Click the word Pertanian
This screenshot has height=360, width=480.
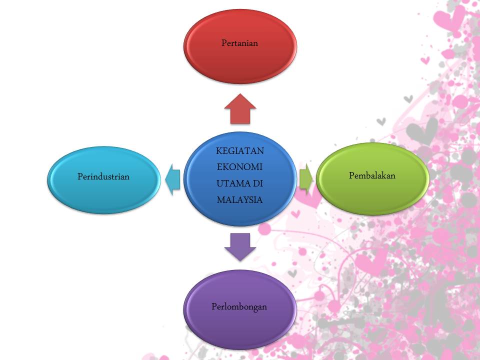point(239,43)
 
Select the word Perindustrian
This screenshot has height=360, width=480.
point(103,176)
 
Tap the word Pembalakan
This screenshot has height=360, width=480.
point(372,175)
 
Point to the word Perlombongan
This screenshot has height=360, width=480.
point(239,306)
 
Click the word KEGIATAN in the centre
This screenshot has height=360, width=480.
point(240,151)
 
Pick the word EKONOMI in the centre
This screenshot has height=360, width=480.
point(239,167)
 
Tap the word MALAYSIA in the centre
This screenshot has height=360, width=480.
point(239,199)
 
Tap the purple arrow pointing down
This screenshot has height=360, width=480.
point(240,246)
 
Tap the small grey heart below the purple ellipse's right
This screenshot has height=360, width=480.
point(292,273)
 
